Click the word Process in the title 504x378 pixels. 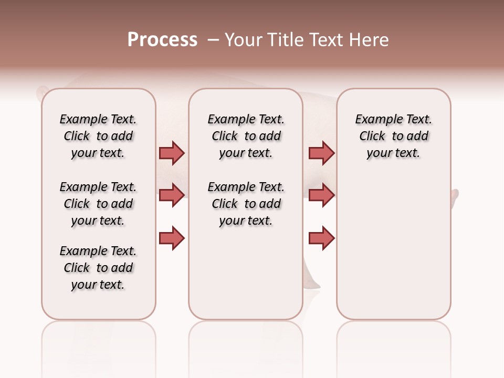pyautogui.click(x=162, y=40)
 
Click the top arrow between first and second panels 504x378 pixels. pyautogui.click(x=172, y=153)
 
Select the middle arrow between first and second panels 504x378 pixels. pyautogui.click(x=172, y=195)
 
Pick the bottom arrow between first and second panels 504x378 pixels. pyautogui.click(x=172, y=238)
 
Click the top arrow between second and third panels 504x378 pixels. pyautogui.click(x=321, y=153)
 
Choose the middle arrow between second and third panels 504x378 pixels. pyautogui.click(x=321, y=195)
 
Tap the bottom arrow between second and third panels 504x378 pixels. pyautogui.click(x=321, y=238)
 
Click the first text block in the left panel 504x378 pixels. pyautogui.click(x=98, y=136)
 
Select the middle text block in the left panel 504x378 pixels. pyautogui.click(x=98, y=204)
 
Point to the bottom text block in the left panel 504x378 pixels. pyautogui.click(x=98, y=268)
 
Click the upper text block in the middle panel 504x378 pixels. pyautogui.click(x=246, y=136)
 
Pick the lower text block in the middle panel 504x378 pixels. pyautogui.click(x=246, y=204)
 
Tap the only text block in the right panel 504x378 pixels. pyautogui.click(x=394, y=136)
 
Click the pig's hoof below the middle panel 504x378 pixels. pyautogui.click(x=313, y=284)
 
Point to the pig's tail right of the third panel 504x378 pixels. pyautogui.click(x=455, y=199)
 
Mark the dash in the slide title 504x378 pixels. pyautogui.click(x=213, y=40)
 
